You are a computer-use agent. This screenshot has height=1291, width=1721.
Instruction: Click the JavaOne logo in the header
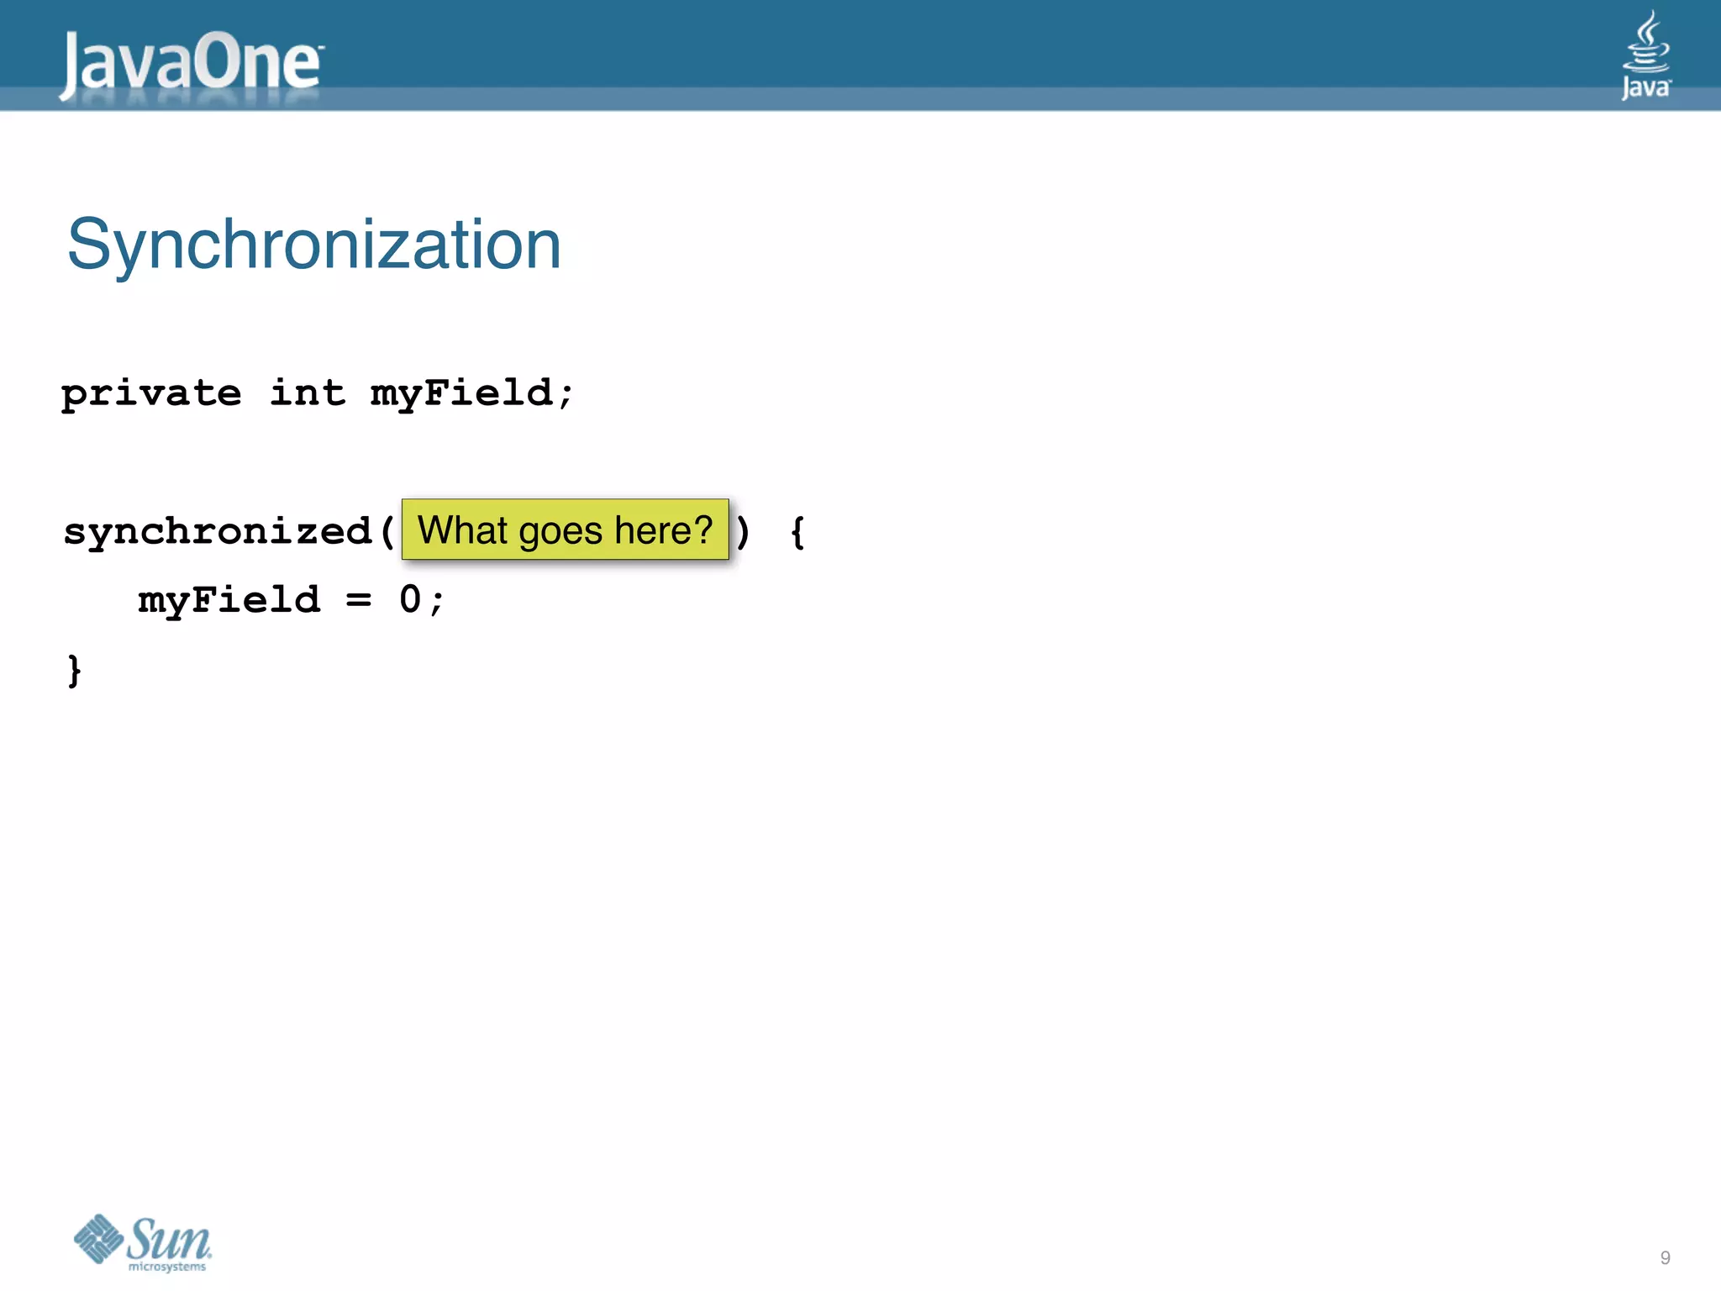191,64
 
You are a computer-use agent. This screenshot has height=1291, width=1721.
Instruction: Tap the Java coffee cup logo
1645,55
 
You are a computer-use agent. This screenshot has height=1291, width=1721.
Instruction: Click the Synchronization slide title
313,245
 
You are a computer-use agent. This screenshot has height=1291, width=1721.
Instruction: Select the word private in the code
151,393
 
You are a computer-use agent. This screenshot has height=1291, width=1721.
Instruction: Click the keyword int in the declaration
308,393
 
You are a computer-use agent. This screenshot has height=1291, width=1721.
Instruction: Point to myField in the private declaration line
461,393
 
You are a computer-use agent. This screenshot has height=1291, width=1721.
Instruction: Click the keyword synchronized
218,531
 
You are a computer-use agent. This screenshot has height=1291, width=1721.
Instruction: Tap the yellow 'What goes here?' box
565,530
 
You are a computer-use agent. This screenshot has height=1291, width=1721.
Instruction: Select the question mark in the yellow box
703,530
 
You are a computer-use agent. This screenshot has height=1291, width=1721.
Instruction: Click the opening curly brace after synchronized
797,532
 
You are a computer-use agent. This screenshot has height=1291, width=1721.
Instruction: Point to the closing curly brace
75,671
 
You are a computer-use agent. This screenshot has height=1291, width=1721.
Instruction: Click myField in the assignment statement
229,600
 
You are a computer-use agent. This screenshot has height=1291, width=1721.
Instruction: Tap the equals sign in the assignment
359,600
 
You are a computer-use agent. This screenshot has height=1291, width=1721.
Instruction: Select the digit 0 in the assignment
410,599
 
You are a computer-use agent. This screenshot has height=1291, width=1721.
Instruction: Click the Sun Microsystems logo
143,1242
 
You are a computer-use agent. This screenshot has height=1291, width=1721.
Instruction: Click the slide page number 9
1665,1257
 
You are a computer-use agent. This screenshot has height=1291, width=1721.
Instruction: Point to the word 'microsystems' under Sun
167,1267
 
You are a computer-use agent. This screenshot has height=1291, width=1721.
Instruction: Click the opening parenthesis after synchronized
387,532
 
